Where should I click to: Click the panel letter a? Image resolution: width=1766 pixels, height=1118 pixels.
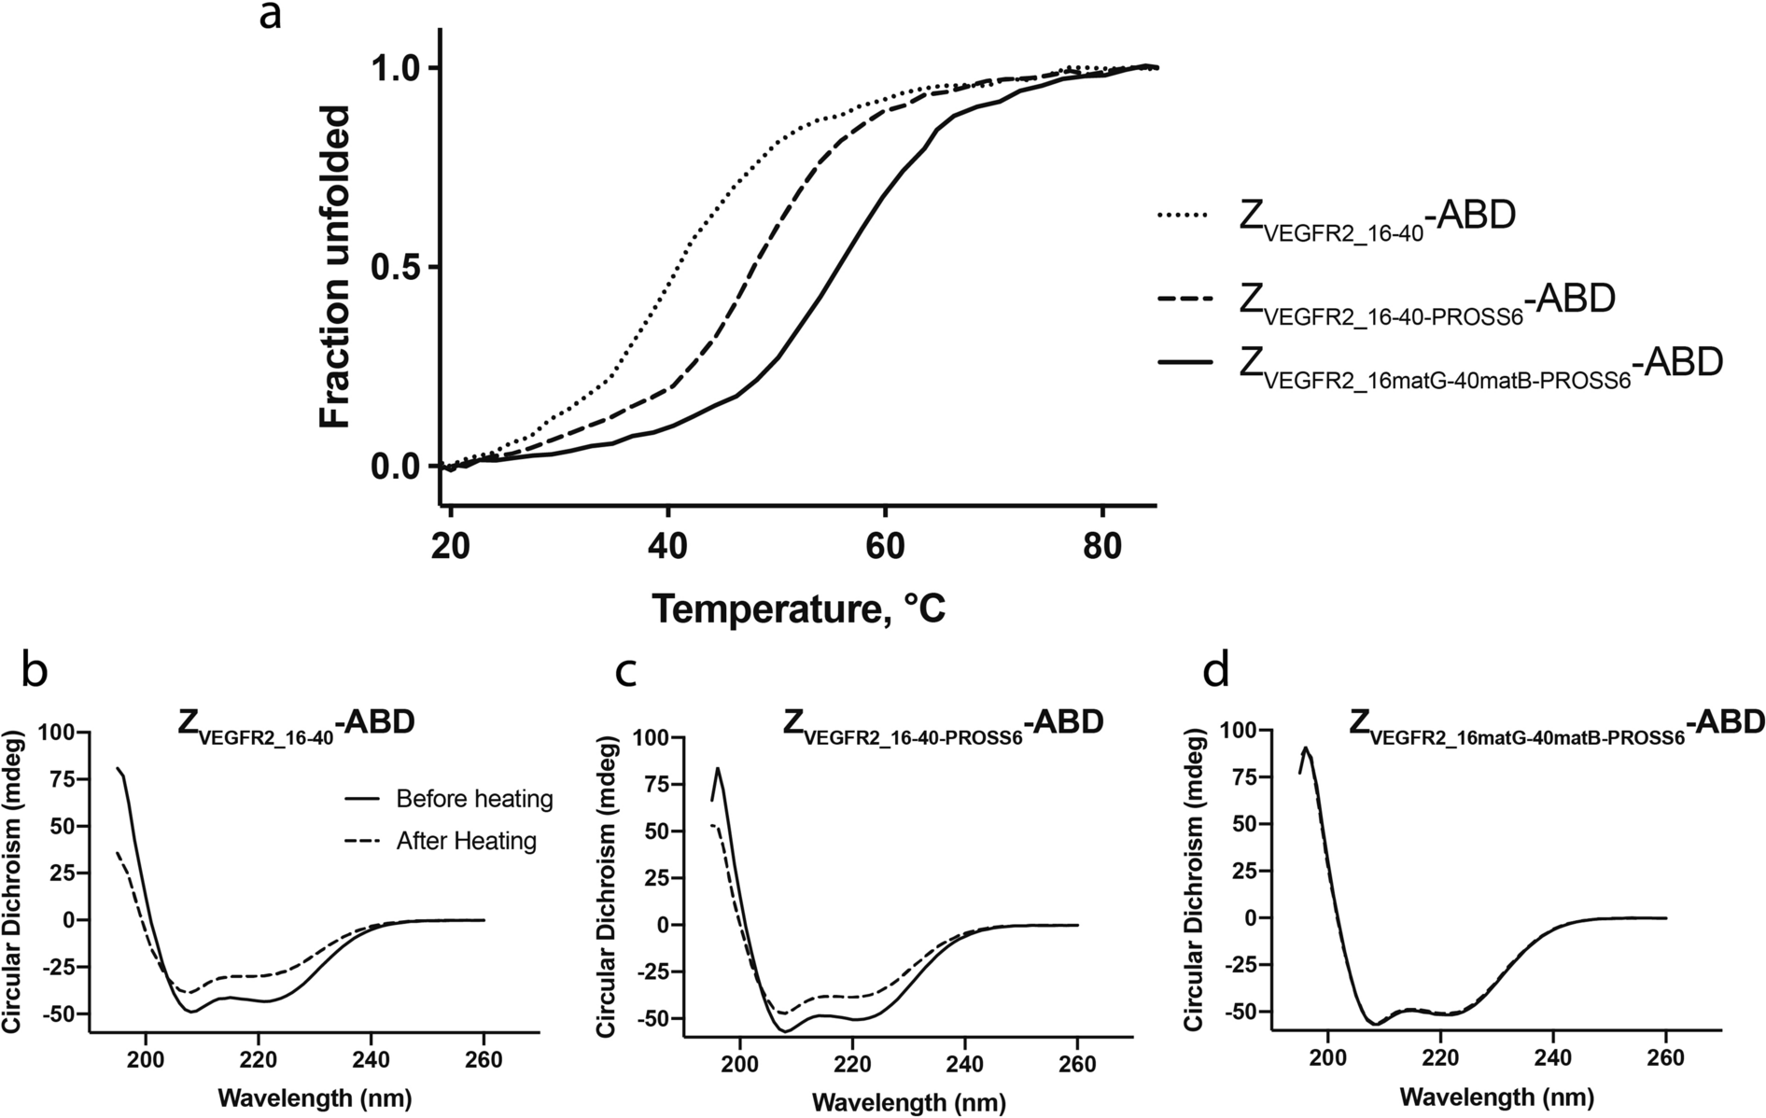coord(271,17)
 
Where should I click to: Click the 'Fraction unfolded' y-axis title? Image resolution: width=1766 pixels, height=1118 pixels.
coord(334,267)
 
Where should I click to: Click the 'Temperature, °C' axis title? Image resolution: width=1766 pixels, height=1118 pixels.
coord(798,608)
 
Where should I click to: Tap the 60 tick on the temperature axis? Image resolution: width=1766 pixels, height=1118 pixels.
coord(884,545)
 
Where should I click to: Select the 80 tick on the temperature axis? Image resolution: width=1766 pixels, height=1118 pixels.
coord(1102,545)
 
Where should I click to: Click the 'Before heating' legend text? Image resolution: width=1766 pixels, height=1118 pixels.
coord(474,799)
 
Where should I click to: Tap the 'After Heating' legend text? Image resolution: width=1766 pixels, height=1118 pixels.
coord(466,841)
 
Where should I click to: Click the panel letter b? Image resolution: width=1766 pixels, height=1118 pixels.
coord(34,671)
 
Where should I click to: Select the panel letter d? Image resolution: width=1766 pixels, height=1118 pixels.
coord(1216,671)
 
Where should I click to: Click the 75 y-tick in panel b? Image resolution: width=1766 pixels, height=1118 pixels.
coord(61,779)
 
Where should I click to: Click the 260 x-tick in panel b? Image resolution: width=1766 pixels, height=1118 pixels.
coord(484,1061)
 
